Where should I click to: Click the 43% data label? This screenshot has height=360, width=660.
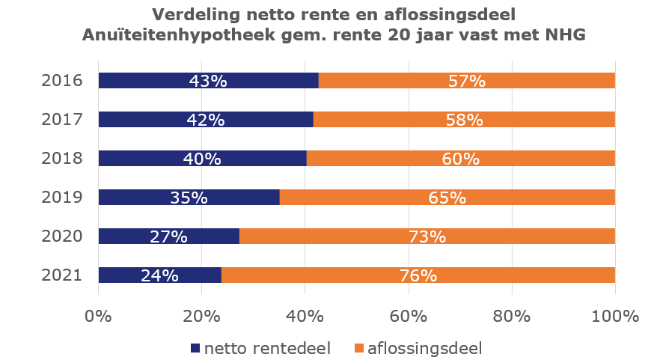[x=208, y=81]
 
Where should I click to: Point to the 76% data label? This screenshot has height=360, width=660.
[x=418, y=275]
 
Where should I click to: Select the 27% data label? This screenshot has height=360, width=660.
[x=168, y=237]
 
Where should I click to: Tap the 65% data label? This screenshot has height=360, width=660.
[x=447, y=198]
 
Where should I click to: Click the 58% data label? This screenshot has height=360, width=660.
[x=464, y=120]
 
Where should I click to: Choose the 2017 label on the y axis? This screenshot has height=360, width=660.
[x=60, y=120]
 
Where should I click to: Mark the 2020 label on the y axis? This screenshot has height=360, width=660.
[x=60, y=237]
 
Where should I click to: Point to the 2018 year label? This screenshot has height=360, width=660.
[x=60, y=159]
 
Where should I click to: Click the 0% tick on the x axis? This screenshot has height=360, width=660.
[x=99, y=316]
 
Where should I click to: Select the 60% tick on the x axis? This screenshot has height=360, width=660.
[x=409, y=316]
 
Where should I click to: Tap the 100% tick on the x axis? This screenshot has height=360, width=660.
[x=614, y=316]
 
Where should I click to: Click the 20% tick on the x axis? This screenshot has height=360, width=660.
[x=202, y=316]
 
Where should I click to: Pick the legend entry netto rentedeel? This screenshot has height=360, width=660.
[x=262, y=347]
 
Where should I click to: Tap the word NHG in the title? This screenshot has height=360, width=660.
[x=564, y=35]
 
